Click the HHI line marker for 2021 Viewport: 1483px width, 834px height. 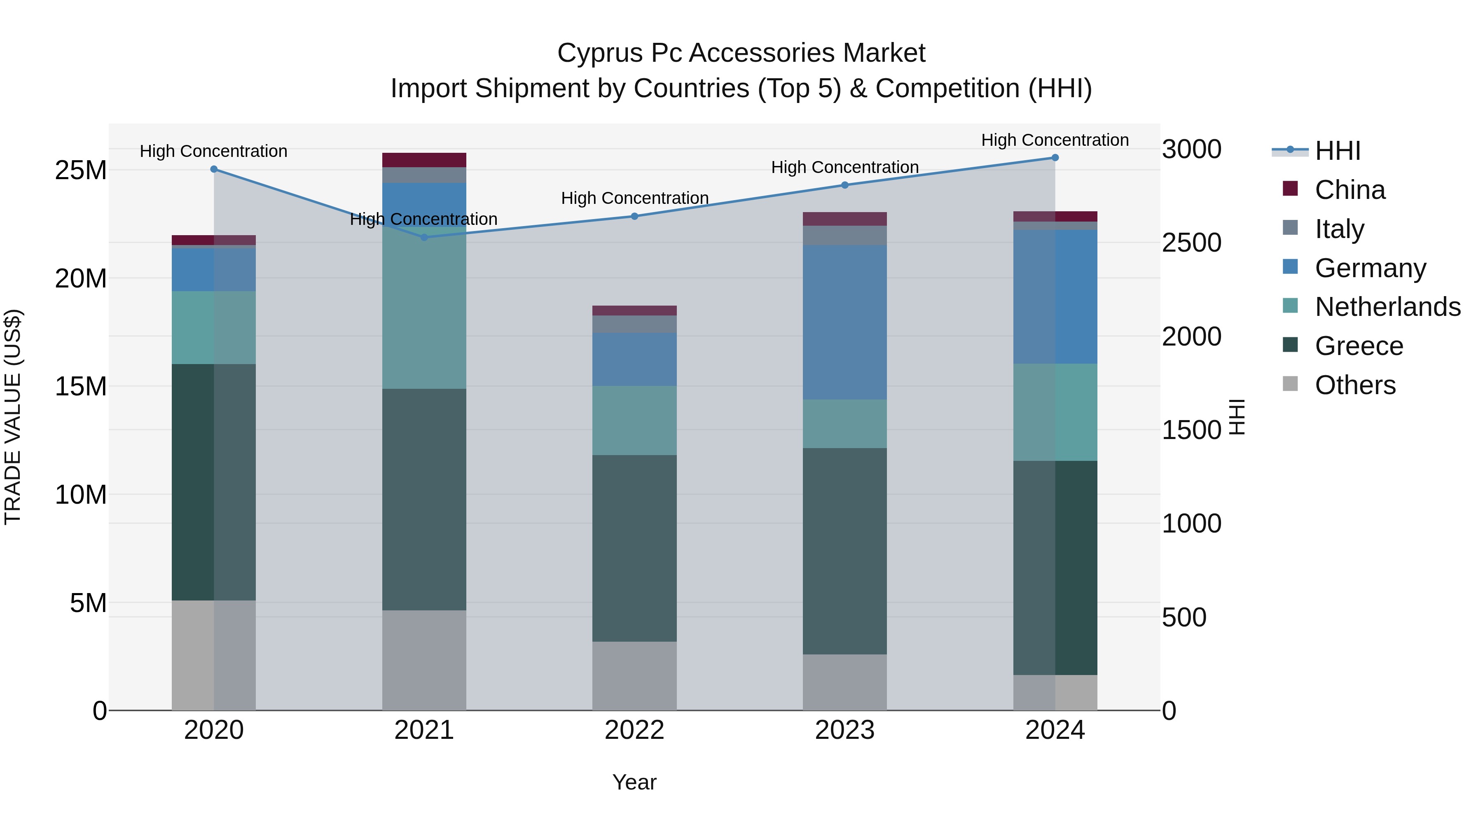(x=424, y=237)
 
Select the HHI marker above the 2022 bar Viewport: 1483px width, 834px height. (x=634, y=216)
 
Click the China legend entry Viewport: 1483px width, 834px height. (x=1350, y=190)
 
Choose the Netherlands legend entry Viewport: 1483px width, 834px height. (x=1387, y=307)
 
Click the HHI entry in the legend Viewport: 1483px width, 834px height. (x=1337, y=151)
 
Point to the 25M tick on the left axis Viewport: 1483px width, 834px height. (x=81, y=171)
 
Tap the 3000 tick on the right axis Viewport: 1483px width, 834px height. (x=1191, y=150)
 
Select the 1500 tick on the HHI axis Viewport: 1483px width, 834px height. (x=1191, y=430)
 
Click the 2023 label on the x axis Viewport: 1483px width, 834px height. (x=844, y=730)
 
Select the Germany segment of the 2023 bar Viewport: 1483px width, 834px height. (x=844, y=322)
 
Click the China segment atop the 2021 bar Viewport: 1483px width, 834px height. (x=424, y=160)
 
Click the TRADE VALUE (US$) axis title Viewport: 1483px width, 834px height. (x=13, y=417)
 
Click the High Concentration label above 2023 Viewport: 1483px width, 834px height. (x=844, y=168)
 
